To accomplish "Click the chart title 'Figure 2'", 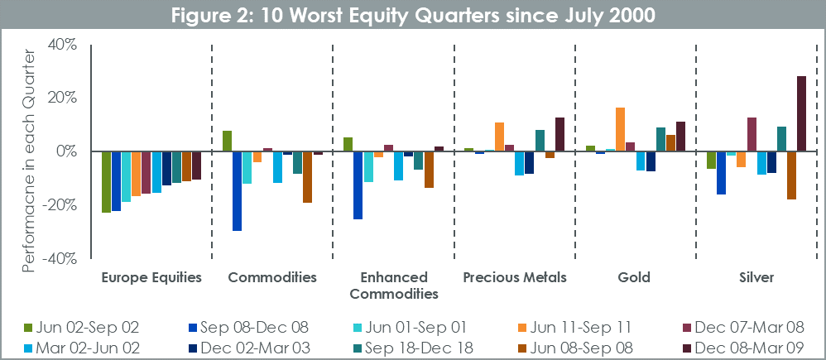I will pos(413,15).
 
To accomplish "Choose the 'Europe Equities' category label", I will pos(151,278).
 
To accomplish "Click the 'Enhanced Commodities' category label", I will pos(393,286).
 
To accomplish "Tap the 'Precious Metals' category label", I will pos(515,278).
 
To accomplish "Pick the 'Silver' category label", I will pos(756,278).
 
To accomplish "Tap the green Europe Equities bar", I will pos(106,182).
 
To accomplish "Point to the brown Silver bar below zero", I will pos(791,175).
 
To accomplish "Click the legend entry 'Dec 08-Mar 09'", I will pos(747,348).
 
